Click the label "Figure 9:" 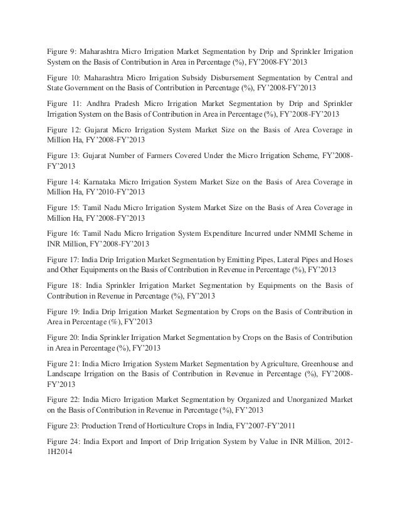coord(63,50)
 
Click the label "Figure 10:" coord(65,78)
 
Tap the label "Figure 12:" coord(65,130)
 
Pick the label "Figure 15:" coord(65,205)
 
